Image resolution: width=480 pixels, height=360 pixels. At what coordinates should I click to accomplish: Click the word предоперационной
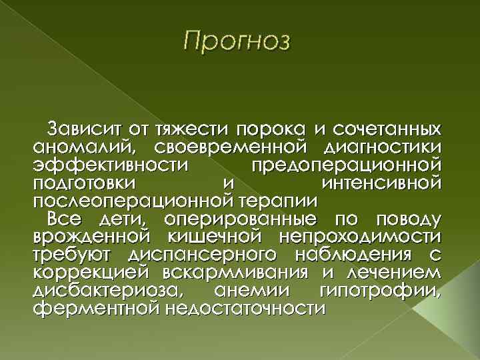pos(345,164)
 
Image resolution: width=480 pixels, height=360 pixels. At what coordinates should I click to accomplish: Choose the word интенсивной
pos(381,182)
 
